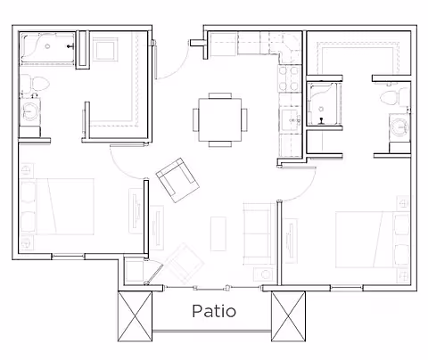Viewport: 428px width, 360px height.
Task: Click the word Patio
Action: (214, 311)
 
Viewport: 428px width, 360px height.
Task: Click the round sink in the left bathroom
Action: (33, 113)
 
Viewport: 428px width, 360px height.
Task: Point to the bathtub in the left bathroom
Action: (48, 48)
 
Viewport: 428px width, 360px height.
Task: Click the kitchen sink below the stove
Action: (289, 119)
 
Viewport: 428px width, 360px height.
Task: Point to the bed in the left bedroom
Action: (58, 205)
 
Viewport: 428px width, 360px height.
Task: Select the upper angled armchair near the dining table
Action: (178, 178)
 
